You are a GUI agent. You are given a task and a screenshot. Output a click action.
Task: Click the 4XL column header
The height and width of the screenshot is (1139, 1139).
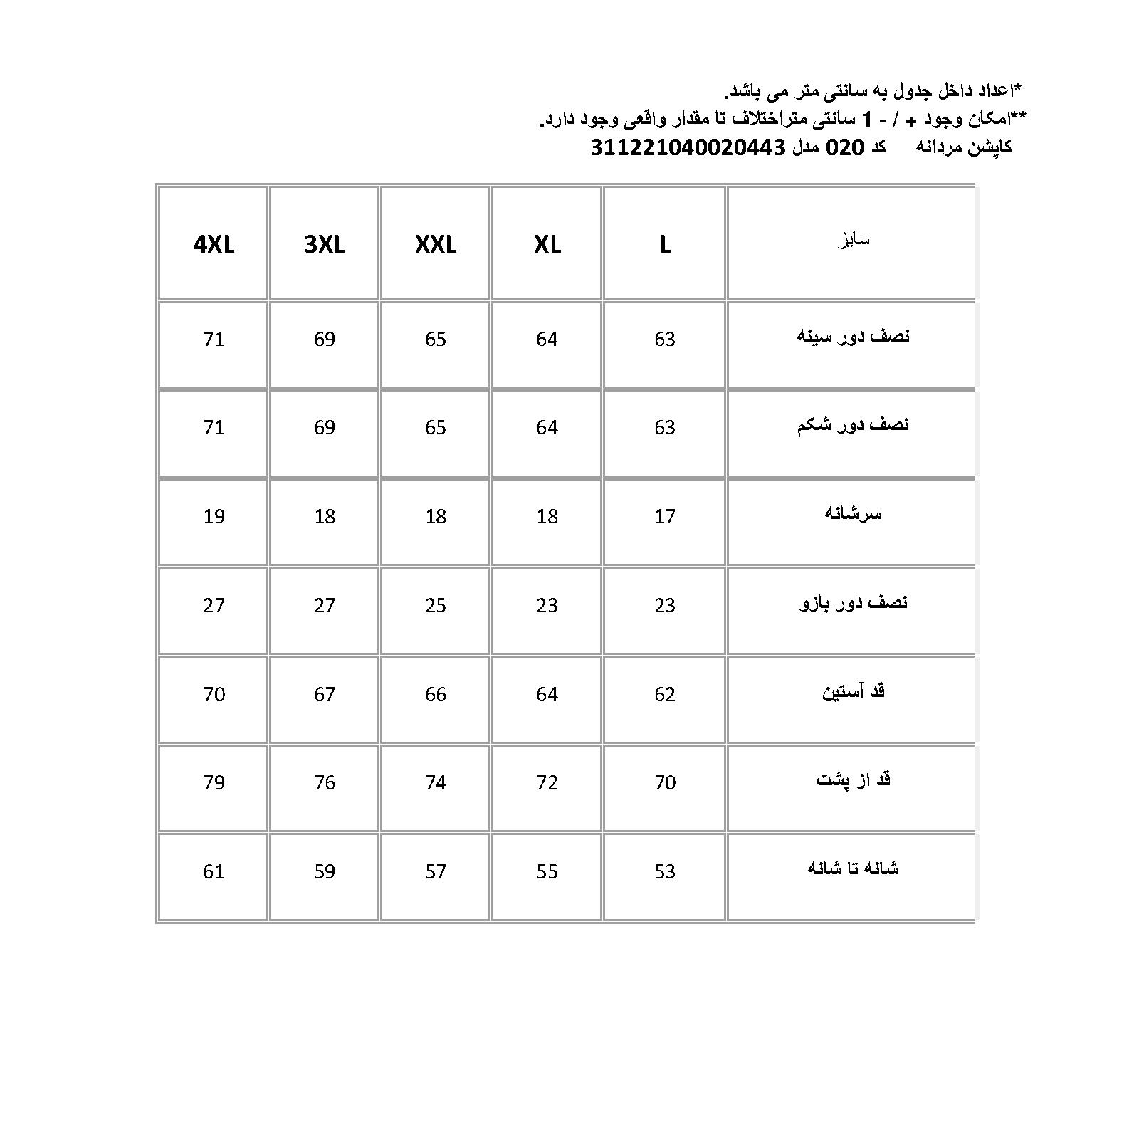coord(214,245)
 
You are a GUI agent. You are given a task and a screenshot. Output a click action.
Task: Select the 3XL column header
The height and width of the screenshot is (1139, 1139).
coord(325,245)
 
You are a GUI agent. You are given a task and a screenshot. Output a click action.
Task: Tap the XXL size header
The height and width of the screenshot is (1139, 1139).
coord(436,245)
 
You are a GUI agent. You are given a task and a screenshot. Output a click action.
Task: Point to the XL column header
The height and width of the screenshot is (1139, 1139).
coord(547,245)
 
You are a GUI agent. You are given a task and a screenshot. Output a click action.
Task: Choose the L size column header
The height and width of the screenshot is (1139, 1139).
coord(665,245)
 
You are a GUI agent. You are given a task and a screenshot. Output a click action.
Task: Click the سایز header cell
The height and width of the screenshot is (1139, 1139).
coord(853,241)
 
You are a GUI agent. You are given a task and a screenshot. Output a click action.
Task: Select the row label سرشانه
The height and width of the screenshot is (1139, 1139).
coord(853,514)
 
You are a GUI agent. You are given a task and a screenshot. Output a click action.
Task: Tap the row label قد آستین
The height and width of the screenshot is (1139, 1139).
coord(853,692)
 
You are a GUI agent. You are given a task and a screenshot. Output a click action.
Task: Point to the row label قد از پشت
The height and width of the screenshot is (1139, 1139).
coord(853,780)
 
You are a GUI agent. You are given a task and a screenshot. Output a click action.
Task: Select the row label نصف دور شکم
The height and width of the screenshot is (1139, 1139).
coord(853,426)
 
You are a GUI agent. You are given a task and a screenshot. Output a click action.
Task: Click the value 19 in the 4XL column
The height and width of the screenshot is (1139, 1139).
coord(214,516)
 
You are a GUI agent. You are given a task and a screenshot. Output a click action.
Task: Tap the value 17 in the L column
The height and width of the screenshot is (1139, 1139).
coord(665,516)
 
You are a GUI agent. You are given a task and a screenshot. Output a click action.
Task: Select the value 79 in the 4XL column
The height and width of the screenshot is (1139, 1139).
coord(214,782)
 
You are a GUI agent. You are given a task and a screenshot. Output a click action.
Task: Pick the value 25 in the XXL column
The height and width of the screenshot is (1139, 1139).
coord(436,605)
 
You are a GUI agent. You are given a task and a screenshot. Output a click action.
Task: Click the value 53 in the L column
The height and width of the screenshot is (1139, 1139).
coord(665,871)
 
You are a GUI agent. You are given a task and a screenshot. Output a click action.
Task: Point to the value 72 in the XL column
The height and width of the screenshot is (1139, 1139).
coord(547,782)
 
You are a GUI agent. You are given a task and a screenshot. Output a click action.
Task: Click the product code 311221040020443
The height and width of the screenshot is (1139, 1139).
coord(688,148)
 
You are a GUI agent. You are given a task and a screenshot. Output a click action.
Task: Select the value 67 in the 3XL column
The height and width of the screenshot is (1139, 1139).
coord(325,694)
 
